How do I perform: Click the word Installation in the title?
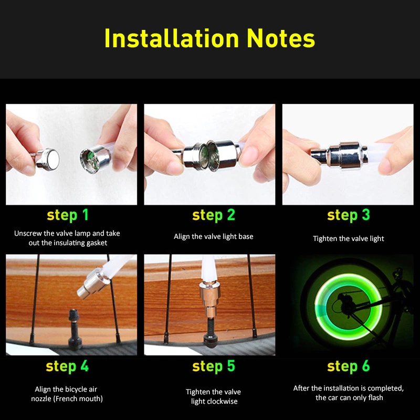172,38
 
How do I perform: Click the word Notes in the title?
281,38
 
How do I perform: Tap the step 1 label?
68,215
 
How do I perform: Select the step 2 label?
214,215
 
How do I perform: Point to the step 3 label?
348,215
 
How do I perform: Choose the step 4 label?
67,366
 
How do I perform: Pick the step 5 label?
214,366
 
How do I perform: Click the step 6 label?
348,366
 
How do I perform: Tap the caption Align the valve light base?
214,237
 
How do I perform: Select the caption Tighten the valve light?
348,239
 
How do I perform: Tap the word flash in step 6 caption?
375,397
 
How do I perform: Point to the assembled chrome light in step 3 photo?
339,156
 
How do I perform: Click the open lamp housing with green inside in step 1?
96,159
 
